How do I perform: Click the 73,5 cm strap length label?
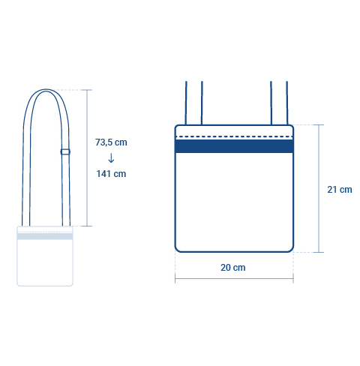pyautogui.click(x=111, y=142)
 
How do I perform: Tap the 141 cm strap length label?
pyautogui.click(x=111, y=174)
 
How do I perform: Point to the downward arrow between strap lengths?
pyautogui.click(x=111, y=158)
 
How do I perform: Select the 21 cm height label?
pyautogui.click(x=340, y=190)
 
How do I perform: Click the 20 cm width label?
pyautogui.click(x=233, y=268)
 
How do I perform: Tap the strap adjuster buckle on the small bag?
pyautogui.click(x=65, y=151)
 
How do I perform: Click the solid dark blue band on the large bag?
pyautogui.click(x=234, y=146)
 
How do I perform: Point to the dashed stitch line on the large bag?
pyautogui.click(x=234, y=136)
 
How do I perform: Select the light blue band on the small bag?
pyautogui.click(x=45, y=236)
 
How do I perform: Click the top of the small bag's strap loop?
pyautogui.click(x=46, y=90)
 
